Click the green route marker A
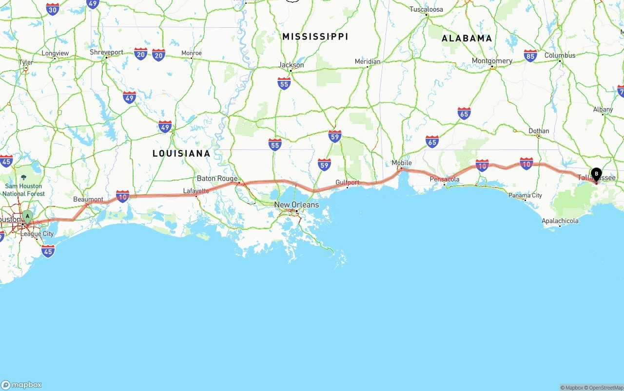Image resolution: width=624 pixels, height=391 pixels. (27, 216)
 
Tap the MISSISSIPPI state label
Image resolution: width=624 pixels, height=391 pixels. (315, 37)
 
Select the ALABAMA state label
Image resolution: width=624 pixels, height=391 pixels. (467, 38)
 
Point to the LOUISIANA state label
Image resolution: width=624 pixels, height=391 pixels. (181, 153)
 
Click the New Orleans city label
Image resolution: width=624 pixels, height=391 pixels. (296, 205)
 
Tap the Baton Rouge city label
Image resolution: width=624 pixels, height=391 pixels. (217, 178)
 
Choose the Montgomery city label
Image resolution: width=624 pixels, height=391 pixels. (492, 61)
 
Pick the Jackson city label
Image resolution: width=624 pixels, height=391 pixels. (291, 65)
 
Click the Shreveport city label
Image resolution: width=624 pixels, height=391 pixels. (106, 52)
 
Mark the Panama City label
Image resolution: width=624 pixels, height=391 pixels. (525, 195)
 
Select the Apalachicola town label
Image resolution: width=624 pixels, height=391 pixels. (560, 221)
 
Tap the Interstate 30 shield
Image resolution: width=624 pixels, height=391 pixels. (53, 8)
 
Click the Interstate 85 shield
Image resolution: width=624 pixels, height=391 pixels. (530, 56)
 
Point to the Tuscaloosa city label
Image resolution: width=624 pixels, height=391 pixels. (426, 9)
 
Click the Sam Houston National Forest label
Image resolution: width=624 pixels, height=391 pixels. (23, 189)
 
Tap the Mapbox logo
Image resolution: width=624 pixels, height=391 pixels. (21, 385)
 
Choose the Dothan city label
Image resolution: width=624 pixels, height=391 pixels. (539, 130)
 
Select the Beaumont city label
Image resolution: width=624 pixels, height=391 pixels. (88, 199)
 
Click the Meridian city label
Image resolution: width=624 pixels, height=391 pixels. (367, 61)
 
